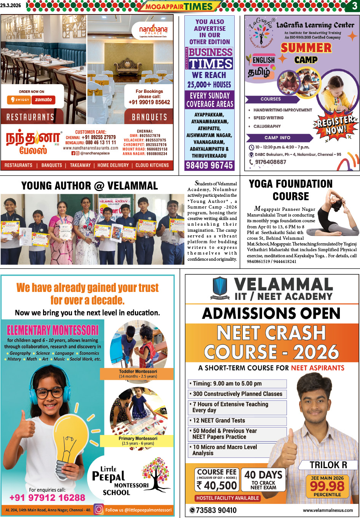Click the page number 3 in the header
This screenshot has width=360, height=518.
354,6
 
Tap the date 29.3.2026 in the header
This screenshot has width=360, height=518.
11,6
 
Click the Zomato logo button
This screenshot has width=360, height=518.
43,100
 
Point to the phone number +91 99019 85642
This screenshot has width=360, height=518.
149,102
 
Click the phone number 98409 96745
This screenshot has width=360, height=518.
209,166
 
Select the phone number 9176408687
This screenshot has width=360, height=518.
270,162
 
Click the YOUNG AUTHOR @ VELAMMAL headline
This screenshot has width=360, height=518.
90,186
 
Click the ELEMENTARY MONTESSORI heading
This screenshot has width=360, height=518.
53,330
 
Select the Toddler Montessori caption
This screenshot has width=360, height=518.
138,374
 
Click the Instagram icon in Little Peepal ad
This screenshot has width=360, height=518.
99,509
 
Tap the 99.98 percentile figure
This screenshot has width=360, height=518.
327,486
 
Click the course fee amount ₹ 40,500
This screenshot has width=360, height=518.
217,485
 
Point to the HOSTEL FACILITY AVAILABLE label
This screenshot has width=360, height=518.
228,498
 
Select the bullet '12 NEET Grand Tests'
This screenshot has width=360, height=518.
219,421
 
